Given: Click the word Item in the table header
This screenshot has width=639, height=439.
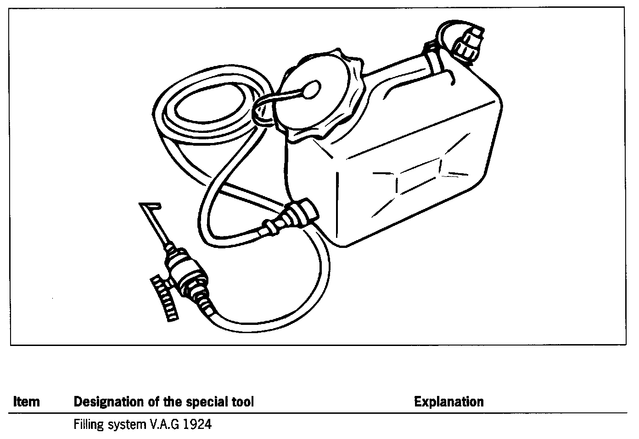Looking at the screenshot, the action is coord(26,402).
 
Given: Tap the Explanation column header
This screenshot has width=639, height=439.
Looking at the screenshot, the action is coord(448,402).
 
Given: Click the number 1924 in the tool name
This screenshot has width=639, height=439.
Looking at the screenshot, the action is coord(197,425).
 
